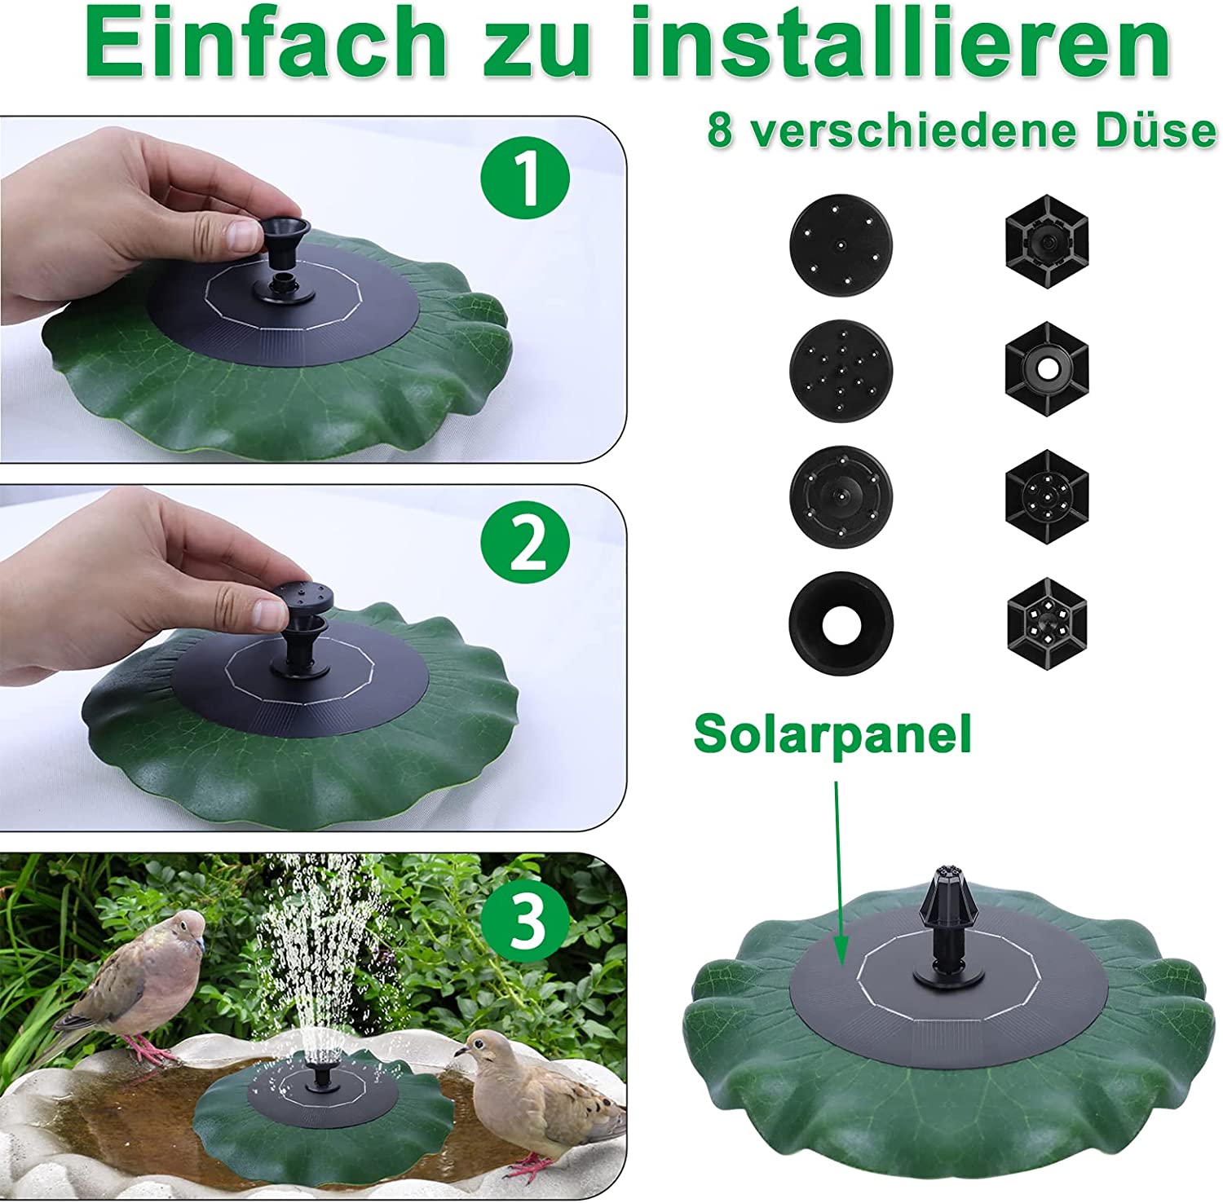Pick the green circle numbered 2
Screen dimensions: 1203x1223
click(x=525, y=544)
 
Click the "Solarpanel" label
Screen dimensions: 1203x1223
click(x=832, y=734)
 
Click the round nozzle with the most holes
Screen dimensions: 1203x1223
click(x=841, y=370)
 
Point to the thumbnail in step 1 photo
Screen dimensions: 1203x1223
click(x=241, y=235)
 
